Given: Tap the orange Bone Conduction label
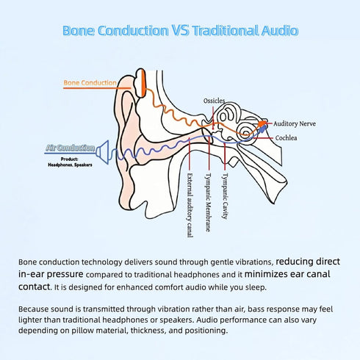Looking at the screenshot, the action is pos(90,83).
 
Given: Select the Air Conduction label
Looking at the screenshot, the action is pos(71,148).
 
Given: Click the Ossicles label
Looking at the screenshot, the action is pos(214,101).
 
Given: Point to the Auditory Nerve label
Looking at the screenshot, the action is pos(295,124).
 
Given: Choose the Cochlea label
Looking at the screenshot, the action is pos(286,138).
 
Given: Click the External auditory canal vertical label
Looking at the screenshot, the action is pos(190,205).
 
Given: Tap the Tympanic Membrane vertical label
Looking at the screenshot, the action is pos(208,202).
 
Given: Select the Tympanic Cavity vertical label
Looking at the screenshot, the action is pos(225,196).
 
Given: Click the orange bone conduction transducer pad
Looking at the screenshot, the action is pos(140,83).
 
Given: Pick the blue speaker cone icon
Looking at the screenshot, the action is pos(103,152).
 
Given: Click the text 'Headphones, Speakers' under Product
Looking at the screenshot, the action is pos(70,165).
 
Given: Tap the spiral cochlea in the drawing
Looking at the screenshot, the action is pos(245,129).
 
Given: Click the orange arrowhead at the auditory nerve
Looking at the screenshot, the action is pos(262,123).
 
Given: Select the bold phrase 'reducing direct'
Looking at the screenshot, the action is pos(308,262).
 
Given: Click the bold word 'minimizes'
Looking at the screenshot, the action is pos(267,274).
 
